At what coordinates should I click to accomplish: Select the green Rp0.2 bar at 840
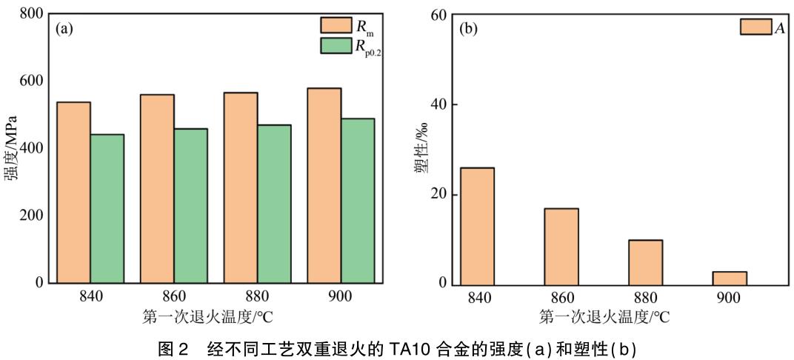(x=107, y=209)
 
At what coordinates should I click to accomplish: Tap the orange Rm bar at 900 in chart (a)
(x=325, y=185)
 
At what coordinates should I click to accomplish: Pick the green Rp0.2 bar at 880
(x=275, y=204)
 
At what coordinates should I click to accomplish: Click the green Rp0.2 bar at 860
(x=191, y=206)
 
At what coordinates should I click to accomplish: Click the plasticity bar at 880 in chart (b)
(x=646, y=261)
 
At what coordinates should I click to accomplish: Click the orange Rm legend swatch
(x=336, y=26)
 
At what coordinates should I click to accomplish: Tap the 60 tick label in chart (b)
(x=438, y=15)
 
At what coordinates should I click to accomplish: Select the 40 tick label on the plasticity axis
(x=438, y=104)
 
